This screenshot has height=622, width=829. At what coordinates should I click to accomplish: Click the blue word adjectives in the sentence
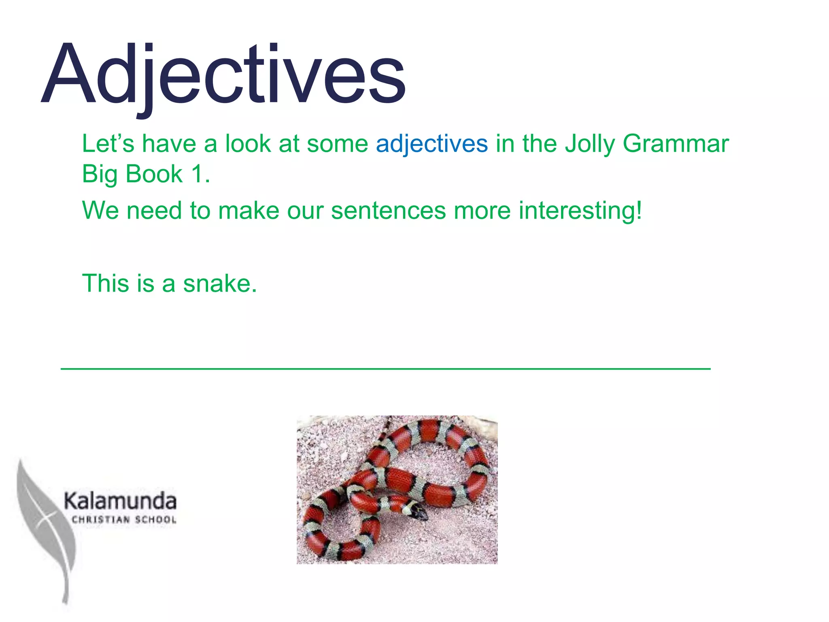coord(432,144)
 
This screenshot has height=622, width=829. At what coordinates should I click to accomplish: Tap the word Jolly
coord(589,145)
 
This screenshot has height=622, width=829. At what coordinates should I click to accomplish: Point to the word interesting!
coord(580,211)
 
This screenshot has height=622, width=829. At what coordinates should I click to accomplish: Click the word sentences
coord(388,211)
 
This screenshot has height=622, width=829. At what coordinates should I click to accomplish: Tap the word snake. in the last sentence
coord(220,283)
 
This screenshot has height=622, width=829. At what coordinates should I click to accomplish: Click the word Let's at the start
coord(108,144)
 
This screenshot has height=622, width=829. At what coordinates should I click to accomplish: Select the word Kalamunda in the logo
coord(120,501)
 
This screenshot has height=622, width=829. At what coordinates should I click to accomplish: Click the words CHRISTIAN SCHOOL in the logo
coord(124,520)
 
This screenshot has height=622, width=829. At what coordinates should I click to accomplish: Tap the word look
coord(248,144)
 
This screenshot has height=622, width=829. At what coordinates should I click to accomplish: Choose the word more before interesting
coord(482,211)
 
